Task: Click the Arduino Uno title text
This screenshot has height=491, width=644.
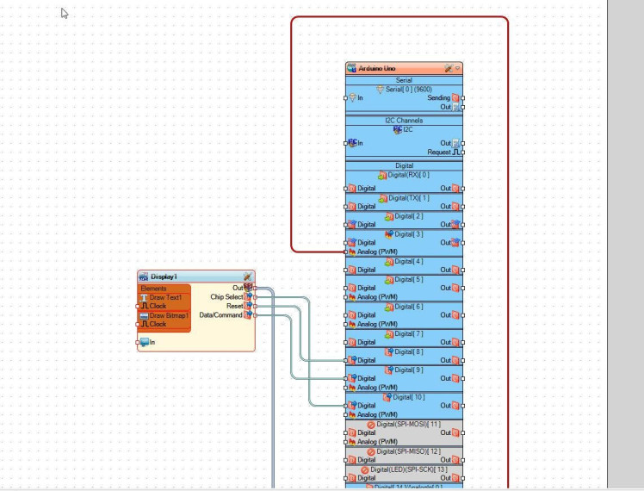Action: (x=378, y=68)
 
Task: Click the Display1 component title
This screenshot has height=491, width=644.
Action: (x=164, y=277)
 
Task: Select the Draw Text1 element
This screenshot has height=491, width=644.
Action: (x=165, y=297)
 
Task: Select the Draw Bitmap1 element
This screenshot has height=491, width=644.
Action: (x=169, y=315)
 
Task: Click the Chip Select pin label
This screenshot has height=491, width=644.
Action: (x=226, y=297)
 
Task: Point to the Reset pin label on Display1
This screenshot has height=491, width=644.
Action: (x=234, y=306)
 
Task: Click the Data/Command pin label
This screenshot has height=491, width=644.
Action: (x=220, y=315)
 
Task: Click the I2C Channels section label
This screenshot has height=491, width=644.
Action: (x=404, y=121)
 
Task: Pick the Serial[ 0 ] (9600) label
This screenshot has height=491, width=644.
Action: (x=408, y=89)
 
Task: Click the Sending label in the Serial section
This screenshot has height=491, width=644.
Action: (x=438, y=98)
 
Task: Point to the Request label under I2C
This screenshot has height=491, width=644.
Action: (x=438, y=152)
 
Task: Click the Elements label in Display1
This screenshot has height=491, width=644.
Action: (x=154, y=289)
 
